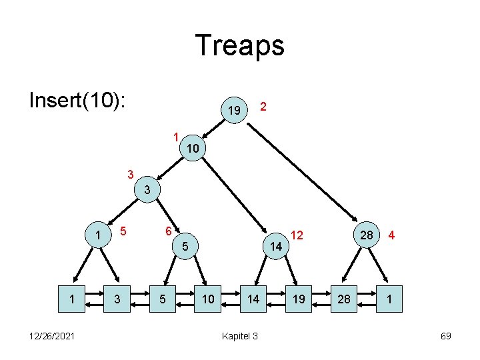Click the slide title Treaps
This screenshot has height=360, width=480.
click(x=240, y=45)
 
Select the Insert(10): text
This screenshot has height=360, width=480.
click(x=79, y=99)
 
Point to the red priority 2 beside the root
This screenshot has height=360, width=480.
click(x=264, y=106)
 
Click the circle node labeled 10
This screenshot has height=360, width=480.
click(x=192, y=148)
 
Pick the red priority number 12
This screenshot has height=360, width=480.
click(x=297, y=235)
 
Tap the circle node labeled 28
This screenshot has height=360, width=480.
click(x=366, y=235)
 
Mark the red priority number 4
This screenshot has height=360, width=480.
click(x=393, y=235)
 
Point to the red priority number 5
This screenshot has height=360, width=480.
click(x=123, y=231)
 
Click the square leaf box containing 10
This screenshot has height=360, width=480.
click(x=208, y=300)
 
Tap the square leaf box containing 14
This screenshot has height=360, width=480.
click(x=254, y=300)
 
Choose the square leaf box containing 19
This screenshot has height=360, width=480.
click(x=299, y=300)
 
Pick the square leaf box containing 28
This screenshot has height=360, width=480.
click(x=345, y=300)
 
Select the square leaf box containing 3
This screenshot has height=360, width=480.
click(x=117, y=300)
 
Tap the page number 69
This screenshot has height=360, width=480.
click(x=445, y=336)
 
